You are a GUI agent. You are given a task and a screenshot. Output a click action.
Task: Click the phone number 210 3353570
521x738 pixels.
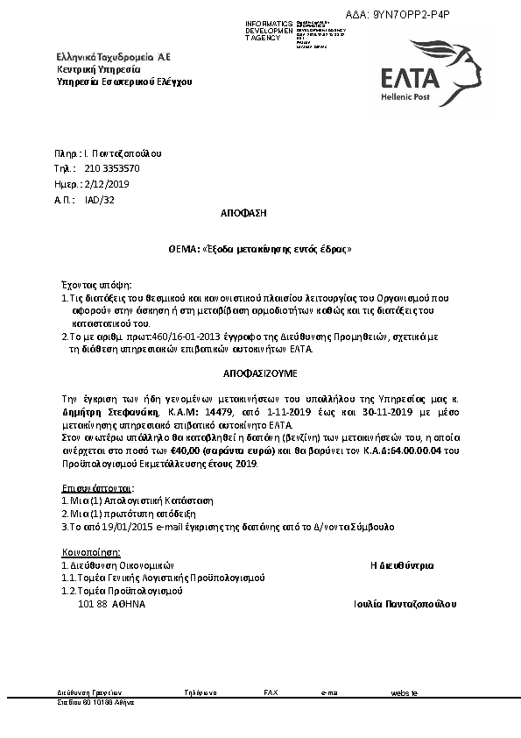click(x=112, y=167)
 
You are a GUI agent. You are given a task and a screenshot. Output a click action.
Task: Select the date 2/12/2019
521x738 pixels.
click(x=104, y=184)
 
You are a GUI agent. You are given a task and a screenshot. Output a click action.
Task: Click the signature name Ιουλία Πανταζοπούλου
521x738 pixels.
click(x=405, y=604)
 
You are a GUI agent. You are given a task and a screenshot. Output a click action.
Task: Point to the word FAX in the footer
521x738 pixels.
click(x=271, y=692)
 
